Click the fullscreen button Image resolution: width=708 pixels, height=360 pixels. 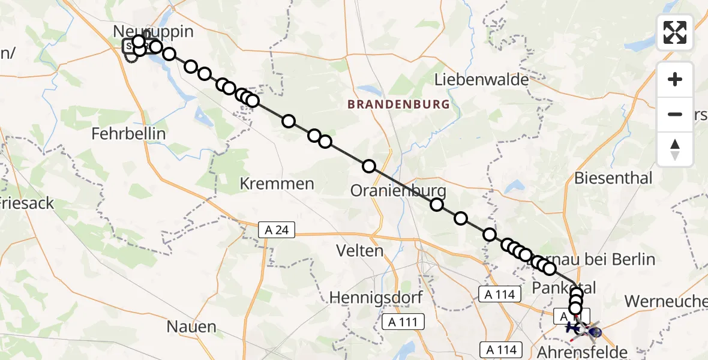675,32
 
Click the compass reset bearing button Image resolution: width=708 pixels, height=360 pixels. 675,149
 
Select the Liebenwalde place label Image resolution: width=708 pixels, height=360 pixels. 482,79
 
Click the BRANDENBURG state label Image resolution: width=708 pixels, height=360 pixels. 398,104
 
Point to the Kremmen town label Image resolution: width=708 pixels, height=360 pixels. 277,184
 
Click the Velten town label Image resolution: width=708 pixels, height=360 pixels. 360,250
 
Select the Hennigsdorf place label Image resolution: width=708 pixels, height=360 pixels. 376,297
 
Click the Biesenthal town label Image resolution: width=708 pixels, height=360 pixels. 613,178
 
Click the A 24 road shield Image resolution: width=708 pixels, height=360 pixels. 277,229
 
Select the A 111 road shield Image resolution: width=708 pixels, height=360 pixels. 404,322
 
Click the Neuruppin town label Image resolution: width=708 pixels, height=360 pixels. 154,31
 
